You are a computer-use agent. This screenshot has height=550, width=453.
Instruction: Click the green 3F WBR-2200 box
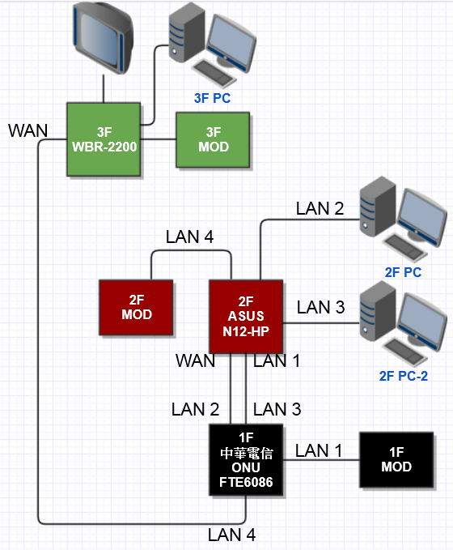[104, 139]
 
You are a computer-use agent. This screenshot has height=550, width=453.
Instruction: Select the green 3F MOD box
[213, 139]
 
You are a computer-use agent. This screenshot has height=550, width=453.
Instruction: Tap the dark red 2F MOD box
[136, 307]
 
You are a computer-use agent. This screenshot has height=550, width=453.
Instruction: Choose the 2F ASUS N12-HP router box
[246, 317]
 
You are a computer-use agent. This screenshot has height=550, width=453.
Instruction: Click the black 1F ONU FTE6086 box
[246, 460]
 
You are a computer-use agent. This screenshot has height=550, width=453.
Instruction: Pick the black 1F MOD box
[396, 459]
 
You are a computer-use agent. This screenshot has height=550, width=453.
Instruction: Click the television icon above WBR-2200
[104, 38]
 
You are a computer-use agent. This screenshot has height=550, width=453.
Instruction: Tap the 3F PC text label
[212, 98]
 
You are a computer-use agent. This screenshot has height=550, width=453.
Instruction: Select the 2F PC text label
[403, 272]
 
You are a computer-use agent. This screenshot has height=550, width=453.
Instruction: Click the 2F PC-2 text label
[403, 376]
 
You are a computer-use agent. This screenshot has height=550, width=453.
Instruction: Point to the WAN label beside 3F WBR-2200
[28, 130]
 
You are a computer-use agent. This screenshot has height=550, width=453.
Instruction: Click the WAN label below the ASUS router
[196, 360]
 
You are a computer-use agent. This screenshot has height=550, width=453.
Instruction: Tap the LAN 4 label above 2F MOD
[189, 237]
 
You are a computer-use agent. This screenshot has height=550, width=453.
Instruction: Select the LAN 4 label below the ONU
[231, 535]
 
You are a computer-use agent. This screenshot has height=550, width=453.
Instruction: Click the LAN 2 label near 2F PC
[320, 208]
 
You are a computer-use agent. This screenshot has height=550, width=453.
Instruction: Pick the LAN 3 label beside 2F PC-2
[321, 307]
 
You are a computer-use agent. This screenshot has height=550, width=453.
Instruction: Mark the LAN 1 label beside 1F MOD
[319, 450]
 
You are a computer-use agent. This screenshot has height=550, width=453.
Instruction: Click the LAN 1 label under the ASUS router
[277, 360]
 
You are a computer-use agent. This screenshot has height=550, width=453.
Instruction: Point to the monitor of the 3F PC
[231, 43]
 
